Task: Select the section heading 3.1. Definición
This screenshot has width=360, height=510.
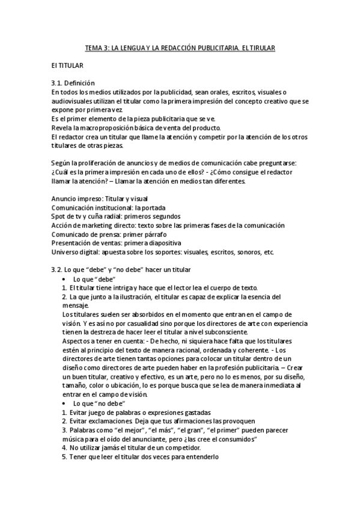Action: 73,82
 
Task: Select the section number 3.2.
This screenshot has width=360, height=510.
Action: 58,269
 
